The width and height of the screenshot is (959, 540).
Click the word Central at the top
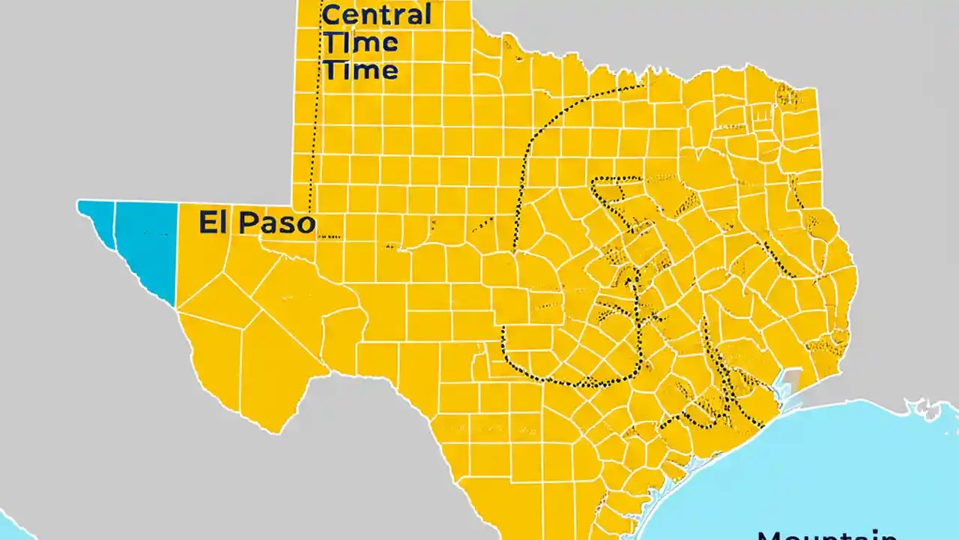(x=376, y=14)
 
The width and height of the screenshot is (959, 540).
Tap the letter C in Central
(x=330, y=14)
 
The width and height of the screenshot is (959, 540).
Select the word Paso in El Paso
(x=277, y=223)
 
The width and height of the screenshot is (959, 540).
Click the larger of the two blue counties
(x=146, y=244)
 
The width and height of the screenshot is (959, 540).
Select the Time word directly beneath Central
(x=360, y=43)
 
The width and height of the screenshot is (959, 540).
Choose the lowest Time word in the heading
(x=360, y=70)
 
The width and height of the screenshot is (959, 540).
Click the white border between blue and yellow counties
(x=177, y=255)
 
